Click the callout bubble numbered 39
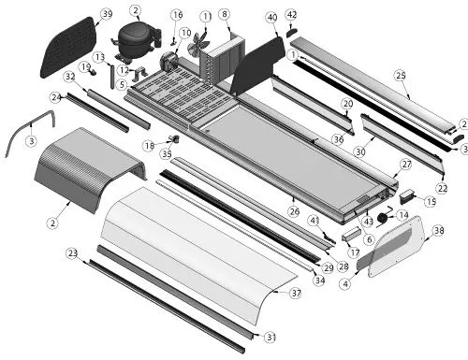[x=107, y=14]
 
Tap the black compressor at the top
[x=138, y=42]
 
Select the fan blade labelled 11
[x=197, y=42]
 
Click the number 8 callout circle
[x=225, y=14]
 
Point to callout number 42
[x=291, y=15]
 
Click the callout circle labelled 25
[x=401, y=76]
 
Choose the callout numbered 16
[x=178, y=15]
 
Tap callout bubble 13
[x=100, y=57]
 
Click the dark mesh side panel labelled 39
[x=69, y=48]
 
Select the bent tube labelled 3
[x=31, y=124]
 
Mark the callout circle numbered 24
[x=56, y=97]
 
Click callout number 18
[x=149, y=146]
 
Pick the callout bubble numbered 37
[x=296, y=293]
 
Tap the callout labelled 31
[x=271, y=338]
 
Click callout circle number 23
[x=72, y=253]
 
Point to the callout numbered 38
[x=439, y=231]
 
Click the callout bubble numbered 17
[x=354, y=252]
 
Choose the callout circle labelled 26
[x=294, y=211]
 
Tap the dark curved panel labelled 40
[x=257, y=66]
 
